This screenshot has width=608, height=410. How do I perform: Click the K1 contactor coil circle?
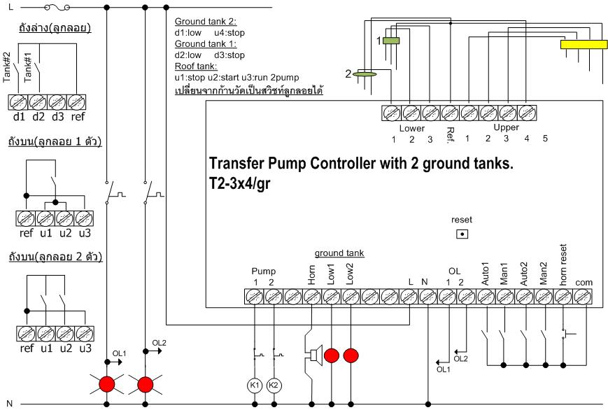[255, 385]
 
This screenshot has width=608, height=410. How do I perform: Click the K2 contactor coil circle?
[274, 385]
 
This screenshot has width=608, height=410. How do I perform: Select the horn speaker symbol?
[313, 356]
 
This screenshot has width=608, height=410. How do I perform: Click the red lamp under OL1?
[106, 384]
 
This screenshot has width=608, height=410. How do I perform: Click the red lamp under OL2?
[146, 384]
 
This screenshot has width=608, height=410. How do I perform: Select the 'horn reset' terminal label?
[563, 271]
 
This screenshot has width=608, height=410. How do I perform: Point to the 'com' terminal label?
[582, 283]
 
